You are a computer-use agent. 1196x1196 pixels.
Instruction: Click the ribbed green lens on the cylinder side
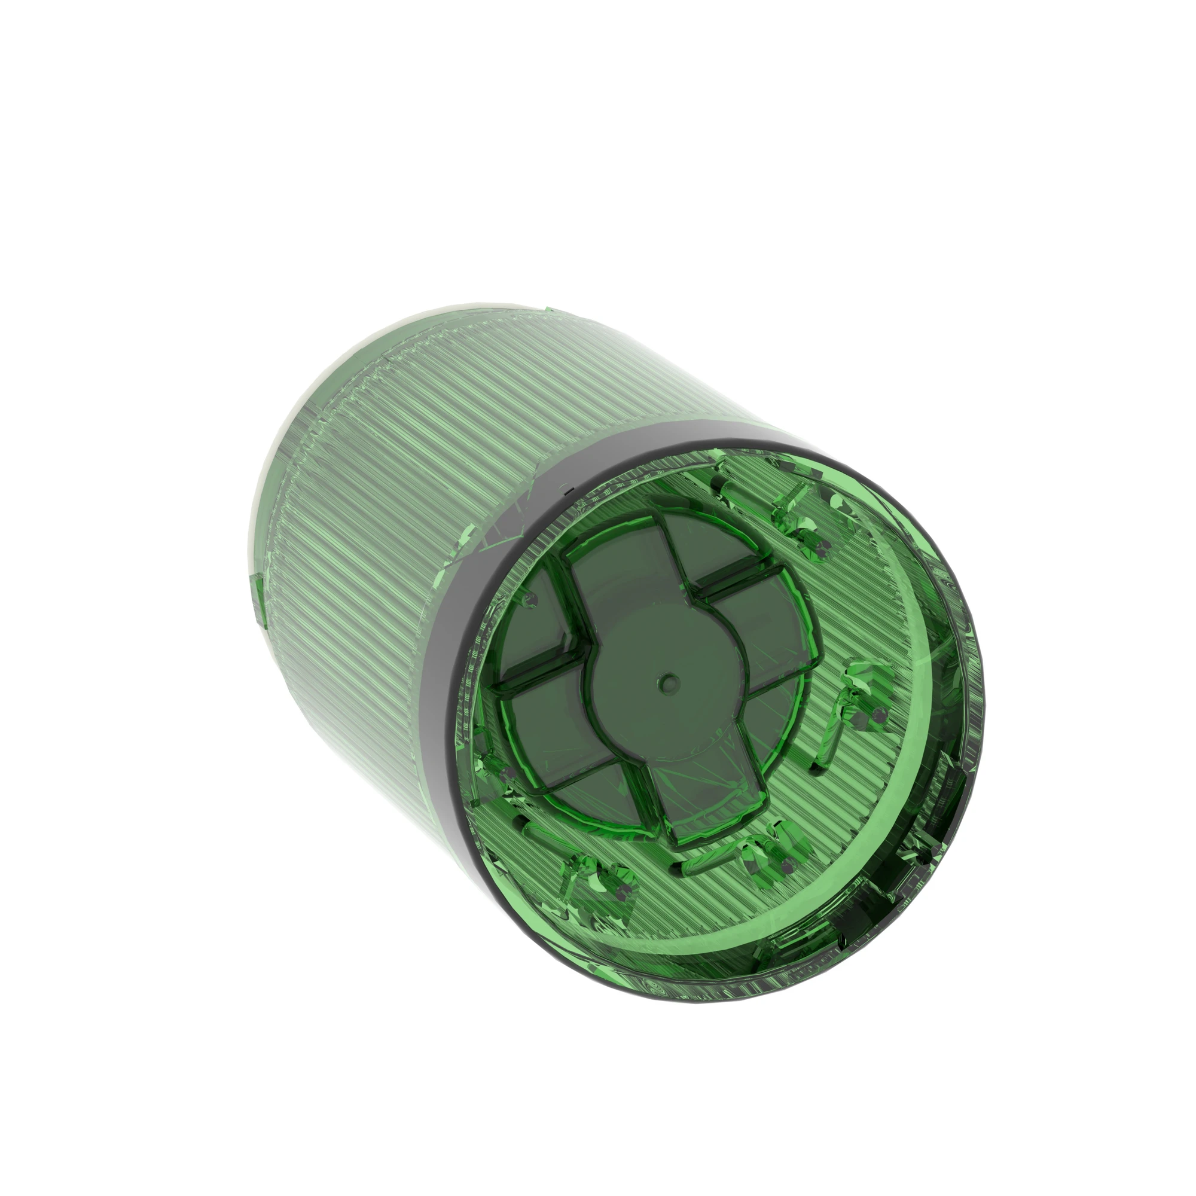coord(402,495)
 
